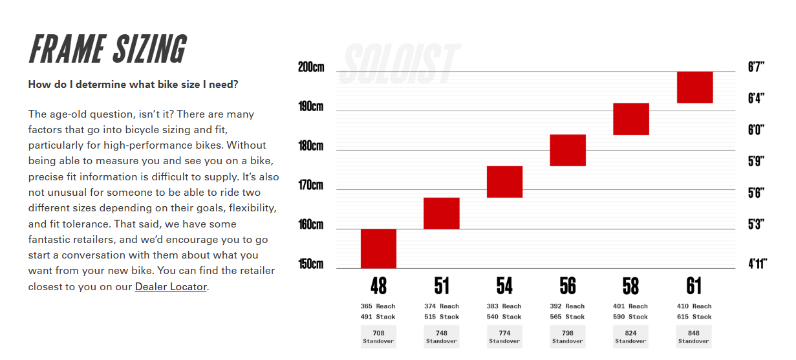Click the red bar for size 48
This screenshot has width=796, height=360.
pos(378,248)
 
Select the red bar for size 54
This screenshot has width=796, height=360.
pos(504,182)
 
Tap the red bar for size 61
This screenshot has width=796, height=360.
pos(694,87)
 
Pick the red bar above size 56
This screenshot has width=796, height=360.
pos(568,150)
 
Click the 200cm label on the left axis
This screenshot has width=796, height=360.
pos(311,67)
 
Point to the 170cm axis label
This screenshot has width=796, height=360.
pos(311,185)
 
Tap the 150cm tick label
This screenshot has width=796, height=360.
pos(311,264)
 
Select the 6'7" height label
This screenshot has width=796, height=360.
pos(756,67)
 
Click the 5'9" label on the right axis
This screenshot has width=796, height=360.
pos(756,161)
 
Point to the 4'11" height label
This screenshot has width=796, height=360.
pos(756,264)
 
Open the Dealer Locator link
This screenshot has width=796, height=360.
pos(171,286)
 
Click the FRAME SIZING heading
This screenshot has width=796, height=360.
pos(108,49)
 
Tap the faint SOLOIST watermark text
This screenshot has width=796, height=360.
pos(399,63)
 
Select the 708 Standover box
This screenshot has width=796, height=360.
pos(378,337)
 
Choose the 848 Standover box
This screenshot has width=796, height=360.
pos(694,337)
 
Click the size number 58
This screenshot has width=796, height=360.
pos(630,286)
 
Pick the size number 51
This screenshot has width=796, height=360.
pos(442,286)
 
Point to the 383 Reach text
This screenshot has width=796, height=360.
pos(504,306)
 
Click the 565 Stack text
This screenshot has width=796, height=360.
pos(567,317)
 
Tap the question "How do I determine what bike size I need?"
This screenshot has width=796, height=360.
pos(133,85)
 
